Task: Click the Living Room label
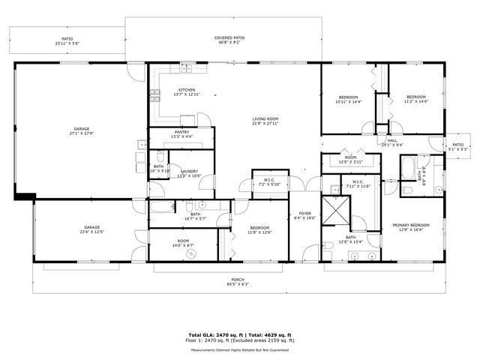coord(265,118)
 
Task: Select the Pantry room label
coord(181,132)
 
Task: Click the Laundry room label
coord(188,171)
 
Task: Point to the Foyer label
coord(305,213)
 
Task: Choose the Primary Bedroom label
coord(410,224)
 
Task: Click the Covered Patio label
coord(229,37)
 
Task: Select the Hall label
coord(392,140)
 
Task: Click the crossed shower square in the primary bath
coord(334,210)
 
